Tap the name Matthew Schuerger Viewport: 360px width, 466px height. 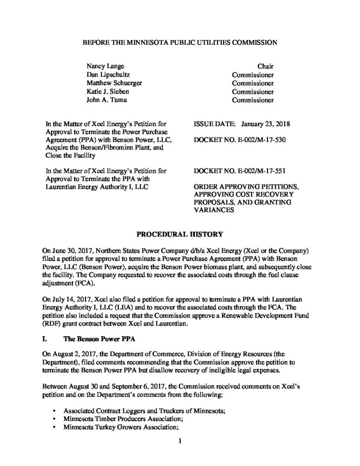tap(112, 83)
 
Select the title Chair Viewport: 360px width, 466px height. tap(265, 66)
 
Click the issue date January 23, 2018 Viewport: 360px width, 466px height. tap(266, 123)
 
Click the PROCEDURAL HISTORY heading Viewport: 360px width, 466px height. tap(180, 234)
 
